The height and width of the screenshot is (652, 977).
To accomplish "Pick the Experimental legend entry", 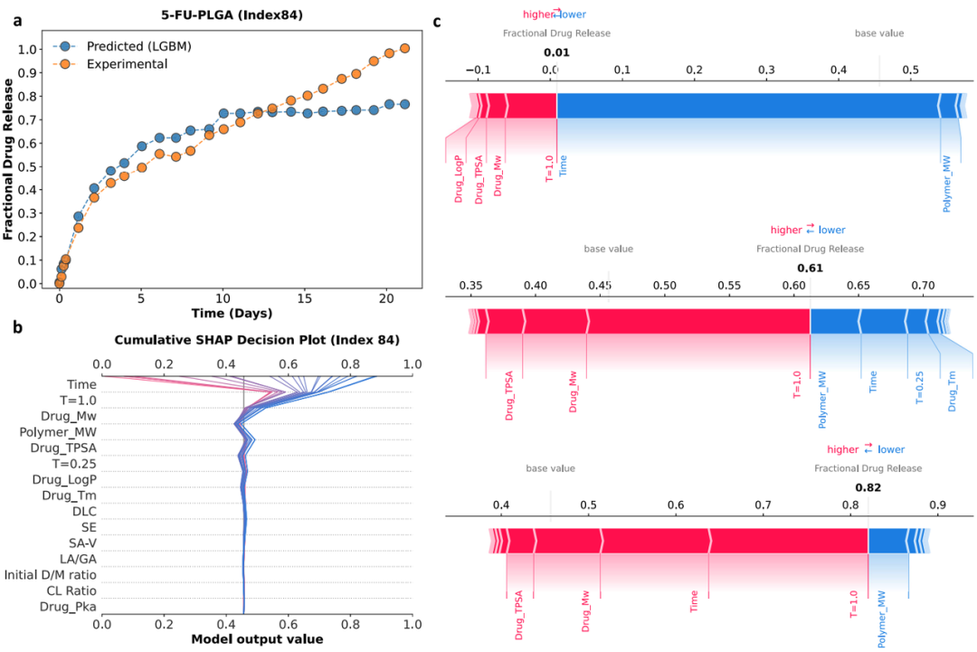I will [x=127, y=64].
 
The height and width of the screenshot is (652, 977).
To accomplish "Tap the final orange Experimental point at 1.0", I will [x=404, y=48].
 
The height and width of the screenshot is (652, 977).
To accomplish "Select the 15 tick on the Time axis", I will [x=305, y=297].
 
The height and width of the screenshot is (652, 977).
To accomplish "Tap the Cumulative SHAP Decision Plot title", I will [x=257, y=340].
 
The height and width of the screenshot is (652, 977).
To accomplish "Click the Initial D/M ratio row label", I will [x=51, y=575].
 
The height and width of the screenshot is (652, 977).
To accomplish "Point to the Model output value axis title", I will [x=257, y=639].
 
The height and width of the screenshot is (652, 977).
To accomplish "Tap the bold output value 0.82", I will [x=868, y=488].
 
